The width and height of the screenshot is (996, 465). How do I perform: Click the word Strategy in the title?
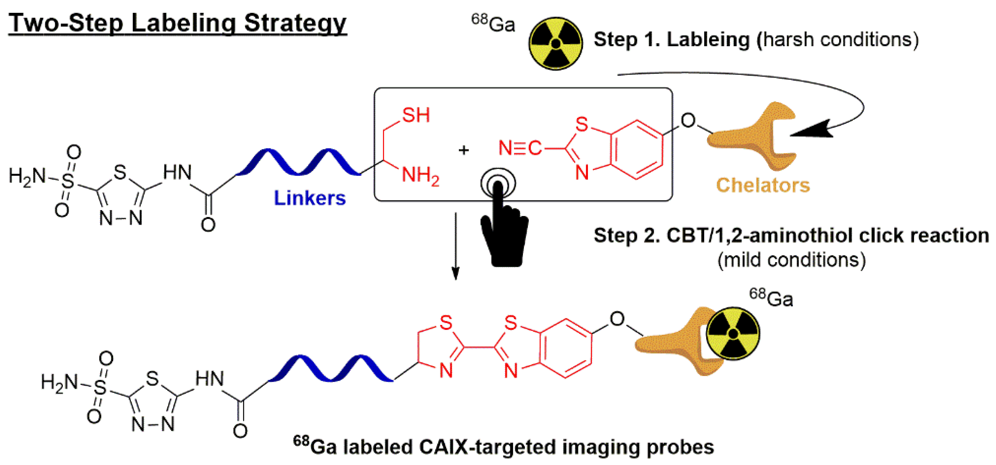point(295,23)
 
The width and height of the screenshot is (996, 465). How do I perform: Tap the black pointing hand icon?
point(503,228)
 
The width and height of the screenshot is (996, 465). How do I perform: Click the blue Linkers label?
point(310,198)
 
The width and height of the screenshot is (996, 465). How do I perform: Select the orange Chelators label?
point(763,185)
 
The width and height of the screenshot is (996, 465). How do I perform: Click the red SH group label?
point(416,115)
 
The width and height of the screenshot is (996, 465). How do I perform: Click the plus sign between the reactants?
point(463,150)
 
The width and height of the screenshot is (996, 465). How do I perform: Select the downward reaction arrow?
point(456,247)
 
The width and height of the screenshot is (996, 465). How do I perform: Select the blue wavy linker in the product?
point(331,369)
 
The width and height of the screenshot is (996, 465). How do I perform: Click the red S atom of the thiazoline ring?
point(446,322)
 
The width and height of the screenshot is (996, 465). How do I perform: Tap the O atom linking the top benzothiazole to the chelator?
point(688,121)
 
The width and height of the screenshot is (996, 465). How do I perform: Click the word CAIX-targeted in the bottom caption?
point(488,447)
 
